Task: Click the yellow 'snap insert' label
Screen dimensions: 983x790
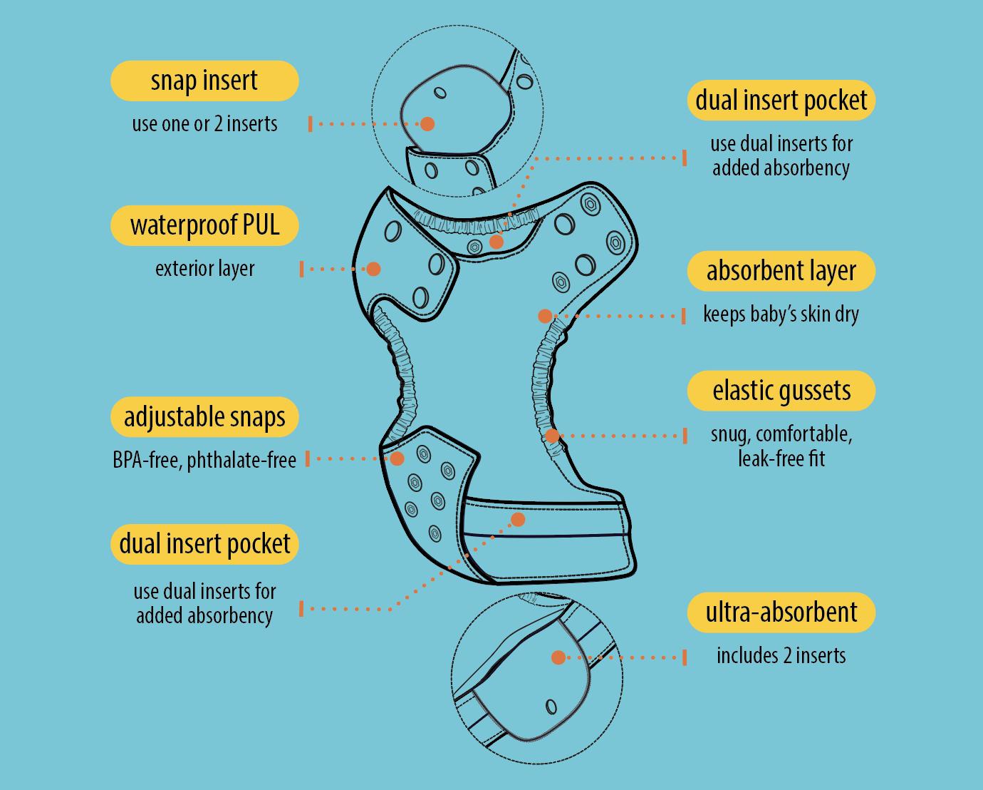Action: pyautogui.click(x=204, y=81)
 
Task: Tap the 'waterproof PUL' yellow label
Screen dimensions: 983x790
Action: pyautogui.click(x=204, y=225)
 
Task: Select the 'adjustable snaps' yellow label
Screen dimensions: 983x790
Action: pyautogui.click(x=204, y=417)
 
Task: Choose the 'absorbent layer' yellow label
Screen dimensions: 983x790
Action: pyautogui.click(x=781, y=271)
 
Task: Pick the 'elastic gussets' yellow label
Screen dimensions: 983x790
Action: pyautogui.click(x=781, y=391)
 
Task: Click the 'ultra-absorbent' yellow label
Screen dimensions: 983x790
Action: pyautogui.click(x=781, y=612)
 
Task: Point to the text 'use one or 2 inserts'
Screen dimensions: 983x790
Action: pyautogui.click(x=204, y=124)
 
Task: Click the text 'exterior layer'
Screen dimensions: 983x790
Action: pyautogui.click(x=204, y=269)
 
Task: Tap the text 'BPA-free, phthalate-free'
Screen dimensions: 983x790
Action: pyautogui.click(x=204, y=460)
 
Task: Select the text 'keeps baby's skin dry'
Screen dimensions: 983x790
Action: pyautogui.click(x=781, y=314)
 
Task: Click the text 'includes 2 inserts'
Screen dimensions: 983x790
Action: pyautogui.click(x=781, y=656)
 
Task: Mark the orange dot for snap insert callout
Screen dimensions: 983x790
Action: pyautogui.click(x=427, y=124)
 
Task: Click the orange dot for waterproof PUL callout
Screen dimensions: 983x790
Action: pyautogui.click(x=373, y=269)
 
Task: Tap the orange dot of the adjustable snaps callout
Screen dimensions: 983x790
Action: pyautogui.click(x=397, y=458)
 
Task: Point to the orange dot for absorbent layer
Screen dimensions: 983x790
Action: pyautogui.click(x=545, y=315)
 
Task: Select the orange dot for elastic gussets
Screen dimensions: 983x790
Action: pyautogui.click(x=552, y=436)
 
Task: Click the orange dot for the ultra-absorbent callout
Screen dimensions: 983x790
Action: pyautogui.click(x=558, y=657)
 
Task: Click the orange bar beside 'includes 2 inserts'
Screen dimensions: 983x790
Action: pyautogui.click(x=685, y=657)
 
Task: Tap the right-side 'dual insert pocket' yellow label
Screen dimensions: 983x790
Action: pyautogui.click(x=781, y=101)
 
